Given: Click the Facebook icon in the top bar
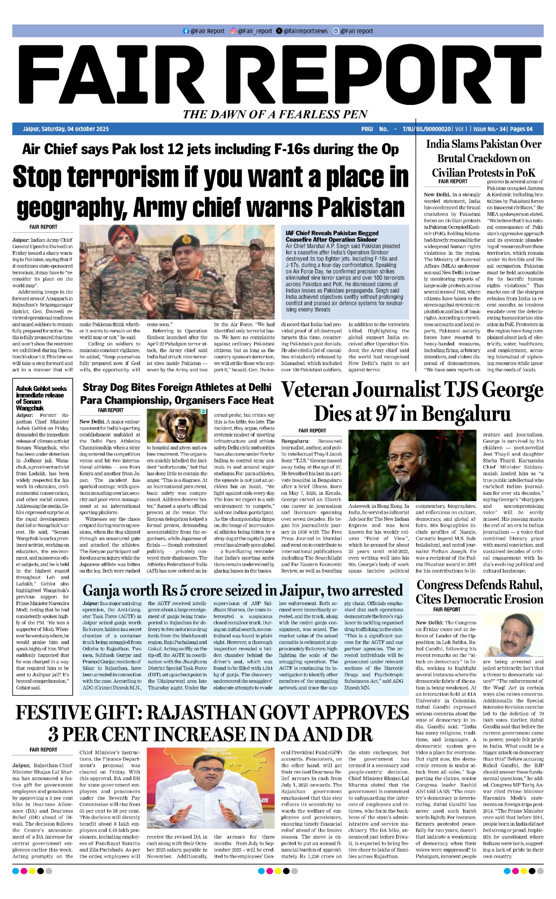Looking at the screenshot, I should point(186,31).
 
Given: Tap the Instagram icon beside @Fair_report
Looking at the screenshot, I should point(233,31).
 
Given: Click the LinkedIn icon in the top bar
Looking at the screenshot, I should point(335,31).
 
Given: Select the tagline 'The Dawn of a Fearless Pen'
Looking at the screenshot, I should point(276,114).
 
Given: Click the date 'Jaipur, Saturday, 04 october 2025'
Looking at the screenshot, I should point(66,129).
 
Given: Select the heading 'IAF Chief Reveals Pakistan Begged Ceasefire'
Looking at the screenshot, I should point(332,236).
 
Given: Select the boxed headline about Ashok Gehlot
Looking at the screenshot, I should point(41,398).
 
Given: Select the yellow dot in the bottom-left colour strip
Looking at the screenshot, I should point(32,871).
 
